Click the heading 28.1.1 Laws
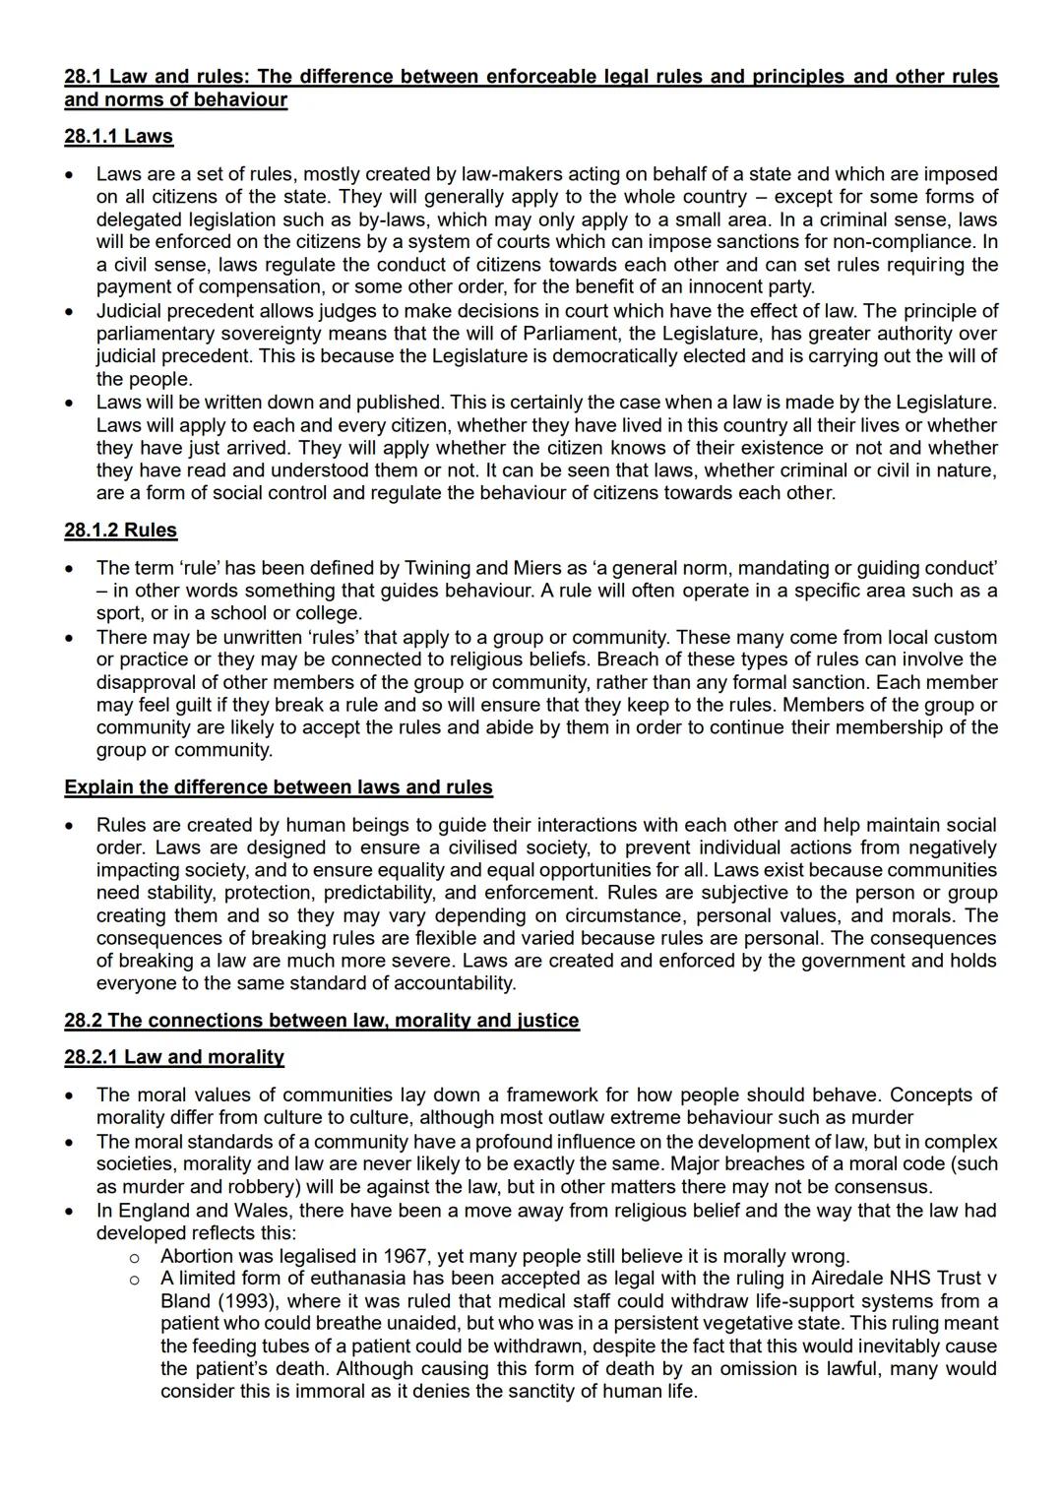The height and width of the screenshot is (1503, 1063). click(118, 137)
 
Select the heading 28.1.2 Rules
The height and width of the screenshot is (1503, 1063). click(120, 531)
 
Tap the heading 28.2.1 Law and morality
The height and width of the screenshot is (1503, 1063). click(173, 1057)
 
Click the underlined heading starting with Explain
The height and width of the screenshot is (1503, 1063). click(278, 787)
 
